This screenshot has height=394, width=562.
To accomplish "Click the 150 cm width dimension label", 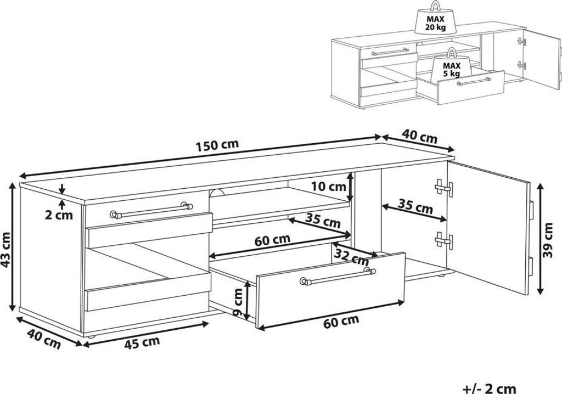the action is (217, 145).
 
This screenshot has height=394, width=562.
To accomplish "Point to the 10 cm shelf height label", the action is (329, 187).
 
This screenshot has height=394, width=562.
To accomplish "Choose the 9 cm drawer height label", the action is (237, 302).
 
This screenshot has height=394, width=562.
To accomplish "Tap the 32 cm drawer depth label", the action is (351, 255).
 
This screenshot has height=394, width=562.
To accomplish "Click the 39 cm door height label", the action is (548, 240).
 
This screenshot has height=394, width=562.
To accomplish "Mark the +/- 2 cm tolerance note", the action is (489, 389).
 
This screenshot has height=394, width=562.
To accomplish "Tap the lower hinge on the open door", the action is (444, 241).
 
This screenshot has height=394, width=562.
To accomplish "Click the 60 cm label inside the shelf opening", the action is (272, 239).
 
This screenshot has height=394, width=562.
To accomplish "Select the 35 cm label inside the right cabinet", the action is (415, 206).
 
